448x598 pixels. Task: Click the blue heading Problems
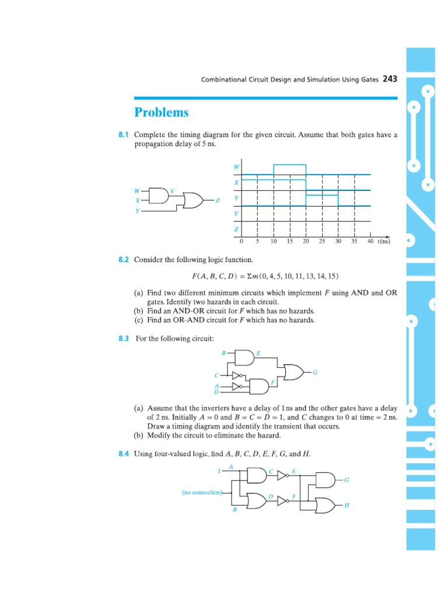tap(162, 112)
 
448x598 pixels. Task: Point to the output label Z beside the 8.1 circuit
tap(218, 200)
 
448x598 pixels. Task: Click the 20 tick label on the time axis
tap(306, 241)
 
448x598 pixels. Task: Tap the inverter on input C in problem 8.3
tap(236, 375)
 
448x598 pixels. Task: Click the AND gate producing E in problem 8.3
tap(246, 357)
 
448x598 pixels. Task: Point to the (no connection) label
tap(202, 492)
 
